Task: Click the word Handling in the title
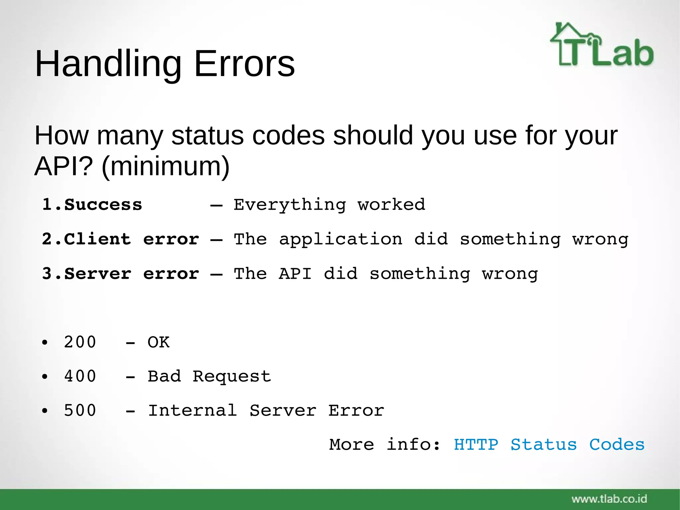coord(108,64)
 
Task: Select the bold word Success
coord(103,205)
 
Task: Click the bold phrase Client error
coord(131,239)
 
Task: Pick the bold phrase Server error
coord(131,274)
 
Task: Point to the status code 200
coord(80,342)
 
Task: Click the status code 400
coord(80,376)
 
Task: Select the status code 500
coord(80,411)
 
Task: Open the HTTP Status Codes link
coord(549,445)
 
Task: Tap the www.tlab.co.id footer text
coord(609,499)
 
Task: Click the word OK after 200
coord(158,342)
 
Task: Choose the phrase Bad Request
coord(209,376)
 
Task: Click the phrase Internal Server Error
coord(266,411)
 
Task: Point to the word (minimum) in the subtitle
coord(165,166)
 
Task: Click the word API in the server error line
coord(295,274)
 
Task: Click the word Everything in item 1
coord(290,205)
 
